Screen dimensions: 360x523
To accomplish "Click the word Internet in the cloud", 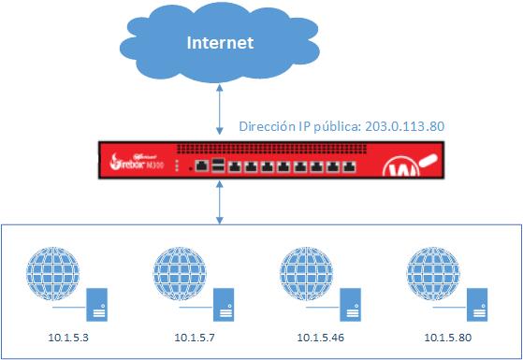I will pyautogui.click(x=221, y=43).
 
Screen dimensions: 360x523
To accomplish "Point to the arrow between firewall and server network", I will pyautogui.click(x=219, y=202).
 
